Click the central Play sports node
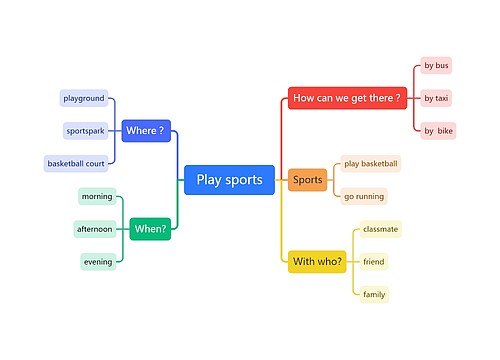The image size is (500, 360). [x=229, y=180]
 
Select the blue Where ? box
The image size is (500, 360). [x=145, y=130]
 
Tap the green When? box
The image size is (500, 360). [x=150, y=229]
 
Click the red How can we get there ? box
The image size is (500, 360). [x=347, y=97]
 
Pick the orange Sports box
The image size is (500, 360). [x=307, y=180]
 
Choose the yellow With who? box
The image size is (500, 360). [x=317, y=262]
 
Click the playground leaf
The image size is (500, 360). [x=84, y=99]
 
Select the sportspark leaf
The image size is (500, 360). [x=87, y=131]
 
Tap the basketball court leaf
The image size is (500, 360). [x=76, y=163]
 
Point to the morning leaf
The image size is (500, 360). [x=97, y=196]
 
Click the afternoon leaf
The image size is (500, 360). [x=95, y=229]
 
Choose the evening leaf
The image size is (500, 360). [x=98, y=262]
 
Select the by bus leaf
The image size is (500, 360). [x=436, y=65]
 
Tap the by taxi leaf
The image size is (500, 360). [x=436, y=98]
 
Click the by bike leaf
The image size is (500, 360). [x=438, y=131]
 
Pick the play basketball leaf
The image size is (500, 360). [x=370, y=163]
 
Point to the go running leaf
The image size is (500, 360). [x=363, y=196]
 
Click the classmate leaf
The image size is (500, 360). [x=380, y=229]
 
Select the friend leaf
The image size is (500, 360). [x=373, y=262]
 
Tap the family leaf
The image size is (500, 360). [x=374, y=294]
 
